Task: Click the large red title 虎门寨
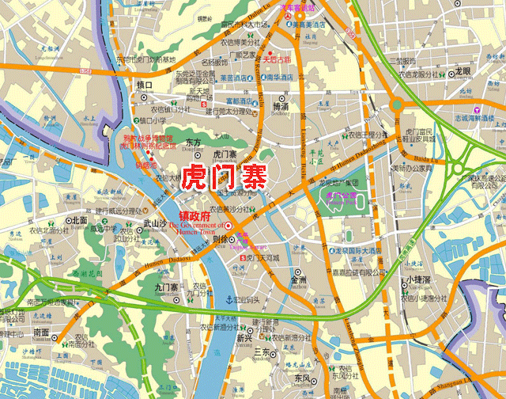pyautogui.click(x=224, y=177)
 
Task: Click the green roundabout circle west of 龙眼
pyautogui.click(x=396, y=104)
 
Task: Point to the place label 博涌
pyautogui.click(x=280, y=105)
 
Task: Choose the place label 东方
pyautogui.click(x=193, y=143)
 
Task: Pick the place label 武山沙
pyautogui.click(x=153, y=224)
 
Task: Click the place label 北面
pyautogui.click(x=79, y=220)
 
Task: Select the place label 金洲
pyautogui.click(x=299, y=279)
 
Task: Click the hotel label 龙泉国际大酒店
pyautogui.click(x=354, y=252)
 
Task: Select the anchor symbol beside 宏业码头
pyautogui.click(x=226, y=299)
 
